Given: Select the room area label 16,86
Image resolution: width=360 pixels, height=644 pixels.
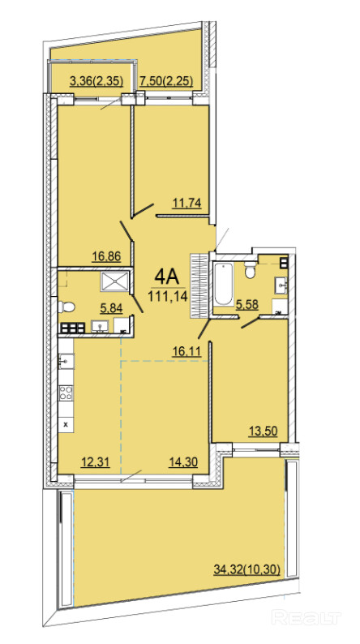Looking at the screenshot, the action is [106, 256].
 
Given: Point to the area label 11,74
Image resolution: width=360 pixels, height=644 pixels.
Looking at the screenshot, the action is [187, 204].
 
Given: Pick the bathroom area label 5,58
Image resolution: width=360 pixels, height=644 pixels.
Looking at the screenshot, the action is [246, 304].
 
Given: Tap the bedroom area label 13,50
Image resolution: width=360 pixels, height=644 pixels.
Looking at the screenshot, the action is [264, 431].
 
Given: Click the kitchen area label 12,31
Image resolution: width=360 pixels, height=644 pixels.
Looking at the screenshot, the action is [95, 462].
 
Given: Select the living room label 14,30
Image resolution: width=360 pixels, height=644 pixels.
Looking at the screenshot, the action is [183, 462].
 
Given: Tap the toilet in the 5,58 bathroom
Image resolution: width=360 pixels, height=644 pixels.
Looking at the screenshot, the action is [250, 270].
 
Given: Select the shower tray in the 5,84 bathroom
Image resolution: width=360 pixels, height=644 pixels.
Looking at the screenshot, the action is [114, 281].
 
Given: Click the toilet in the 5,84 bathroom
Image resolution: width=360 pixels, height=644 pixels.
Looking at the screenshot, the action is [66, 307].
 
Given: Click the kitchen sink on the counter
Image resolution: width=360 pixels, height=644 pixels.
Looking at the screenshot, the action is [66, 361].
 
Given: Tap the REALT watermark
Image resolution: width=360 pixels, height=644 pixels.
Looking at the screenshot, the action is [306, 617].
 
